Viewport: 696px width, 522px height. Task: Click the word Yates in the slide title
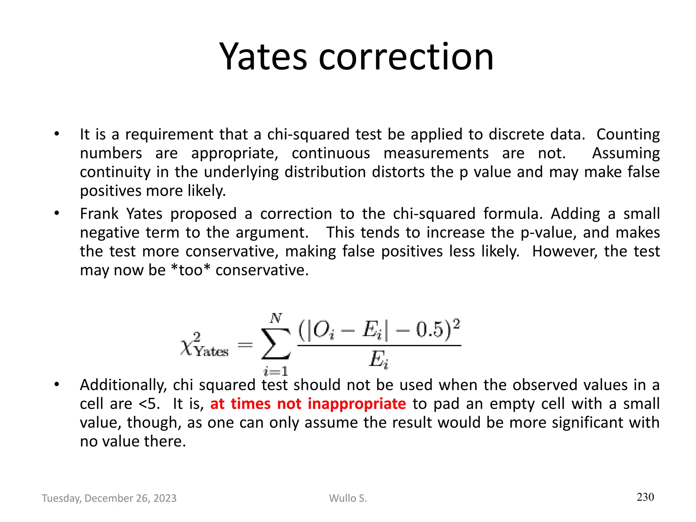click(x=263, y=56)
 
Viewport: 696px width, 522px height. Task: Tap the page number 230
click(x=645, y=497)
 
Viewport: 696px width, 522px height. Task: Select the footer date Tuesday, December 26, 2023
click(x=109, y=498)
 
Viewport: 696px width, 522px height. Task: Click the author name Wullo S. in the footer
click(x=348, y=498)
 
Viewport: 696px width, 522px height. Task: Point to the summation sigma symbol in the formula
click(x=276, y=344)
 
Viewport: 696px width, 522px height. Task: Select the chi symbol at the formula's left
click(x=186, y=347)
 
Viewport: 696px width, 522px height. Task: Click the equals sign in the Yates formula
click(x=245, y=345)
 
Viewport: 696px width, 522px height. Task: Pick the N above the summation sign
click(x=276, y=318)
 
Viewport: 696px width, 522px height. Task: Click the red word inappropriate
click(x=356, y=404)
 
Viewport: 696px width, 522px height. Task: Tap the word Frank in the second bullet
click(x=99, y=214)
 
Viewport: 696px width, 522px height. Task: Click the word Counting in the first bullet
click(x=628, y=135)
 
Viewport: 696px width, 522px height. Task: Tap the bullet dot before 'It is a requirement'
click(x=56, y=134)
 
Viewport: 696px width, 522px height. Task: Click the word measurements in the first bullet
click(x=436, y=153)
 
